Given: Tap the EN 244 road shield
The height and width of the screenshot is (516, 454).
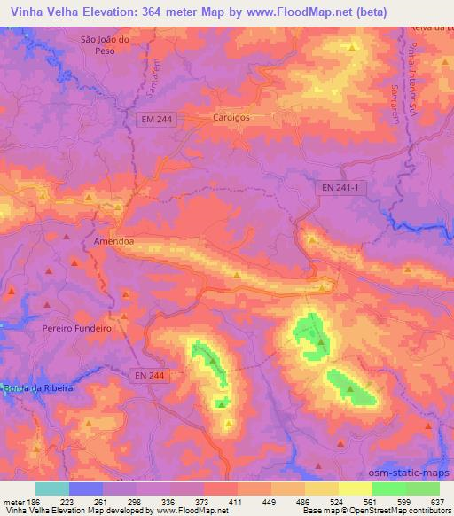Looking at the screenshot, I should pyautogui.click(x=149, y=376).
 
